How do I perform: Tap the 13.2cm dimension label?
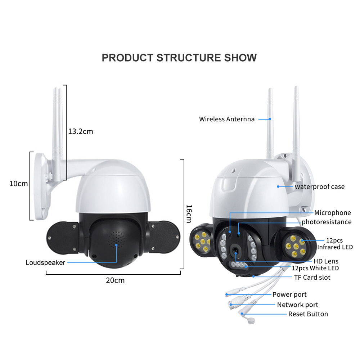tap(81, 131)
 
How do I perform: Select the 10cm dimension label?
tap(19, 184)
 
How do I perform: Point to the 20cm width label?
tap(115, 280)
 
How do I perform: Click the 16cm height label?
tap(189, 214)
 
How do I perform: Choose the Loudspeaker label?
tap(45, 262)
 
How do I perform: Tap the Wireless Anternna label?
tap(227, 119)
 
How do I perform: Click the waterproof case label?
tap(320, 186)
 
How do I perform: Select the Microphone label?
tap(332, 213)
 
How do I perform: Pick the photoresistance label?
tap(327, 222)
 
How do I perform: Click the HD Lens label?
tap(326, 261)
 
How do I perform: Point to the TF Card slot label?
tap(312, 277)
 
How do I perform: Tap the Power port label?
tap(289, 294)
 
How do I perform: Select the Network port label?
tap(298, 305)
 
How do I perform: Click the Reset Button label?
tap(308, 314)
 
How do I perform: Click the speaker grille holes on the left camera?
tap(116, 239)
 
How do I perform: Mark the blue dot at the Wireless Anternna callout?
tap(270, 119)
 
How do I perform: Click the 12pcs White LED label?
tap(315, 268)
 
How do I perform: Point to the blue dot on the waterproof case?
tap(278, 186)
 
